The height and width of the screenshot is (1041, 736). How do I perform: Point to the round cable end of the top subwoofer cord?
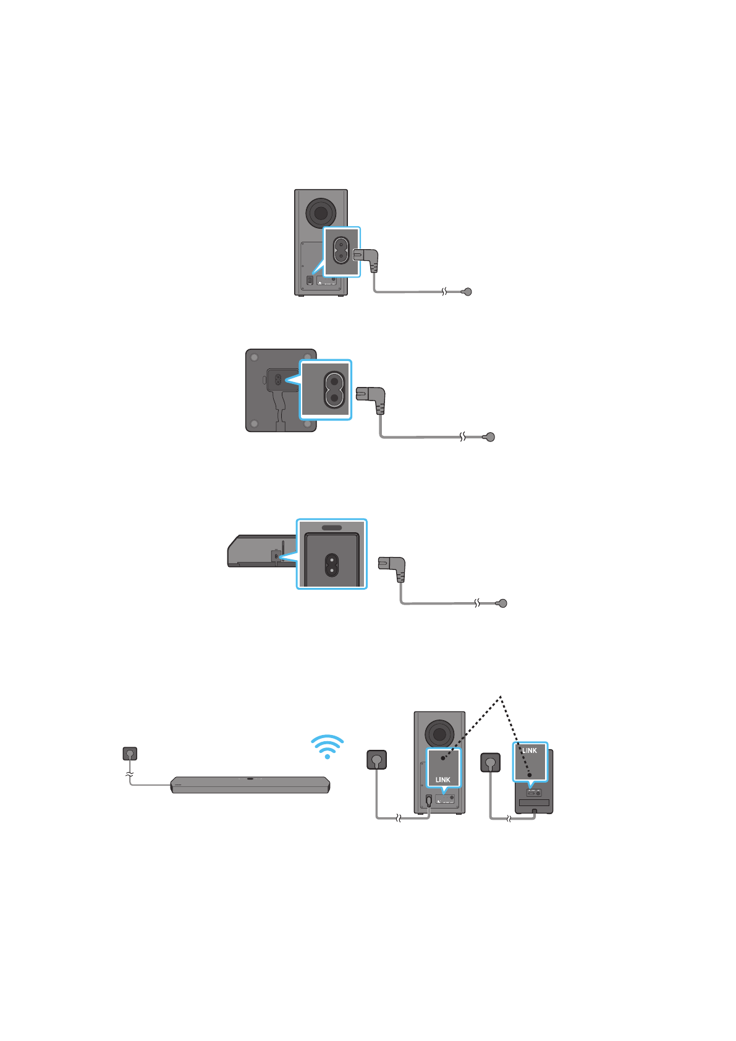[468, 292]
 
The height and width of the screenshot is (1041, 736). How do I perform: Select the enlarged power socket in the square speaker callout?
[334, 389]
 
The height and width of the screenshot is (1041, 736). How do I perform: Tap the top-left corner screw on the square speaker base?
[254, 358]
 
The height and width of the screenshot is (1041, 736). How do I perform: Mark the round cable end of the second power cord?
[491, 437]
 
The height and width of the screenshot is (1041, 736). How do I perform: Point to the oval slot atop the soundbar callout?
[332, 528]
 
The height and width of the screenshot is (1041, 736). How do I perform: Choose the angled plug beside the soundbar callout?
[394, 564]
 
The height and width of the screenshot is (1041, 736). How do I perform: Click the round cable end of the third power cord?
[502, 603]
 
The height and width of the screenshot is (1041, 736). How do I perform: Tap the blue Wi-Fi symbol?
[327, 746]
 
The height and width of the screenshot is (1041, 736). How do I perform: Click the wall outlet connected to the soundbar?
[130, 754]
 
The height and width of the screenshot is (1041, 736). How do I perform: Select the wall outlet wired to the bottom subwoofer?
[377, 759]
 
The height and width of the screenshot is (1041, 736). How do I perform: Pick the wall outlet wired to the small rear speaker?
[491, 762]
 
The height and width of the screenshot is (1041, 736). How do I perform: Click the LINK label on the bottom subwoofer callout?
[443, 780]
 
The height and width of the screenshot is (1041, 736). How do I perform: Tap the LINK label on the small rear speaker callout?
[530, 750]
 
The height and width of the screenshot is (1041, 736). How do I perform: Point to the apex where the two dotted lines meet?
[501, 697]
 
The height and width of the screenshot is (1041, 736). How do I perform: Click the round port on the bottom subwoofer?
[439, 734]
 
